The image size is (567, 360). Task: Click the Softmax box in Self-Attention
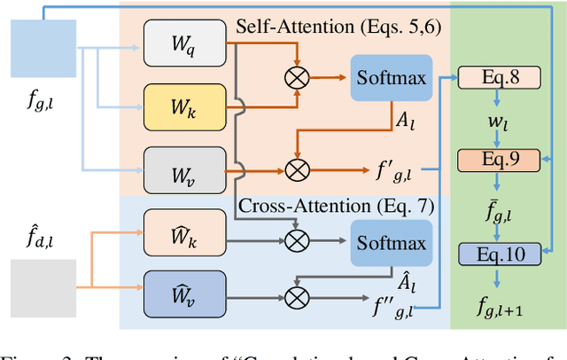(391, 78)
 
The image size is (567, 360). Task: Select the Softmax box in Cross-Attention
(391, 242)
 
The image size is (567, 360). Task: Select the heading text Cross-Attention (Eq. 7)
(338, 207)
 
